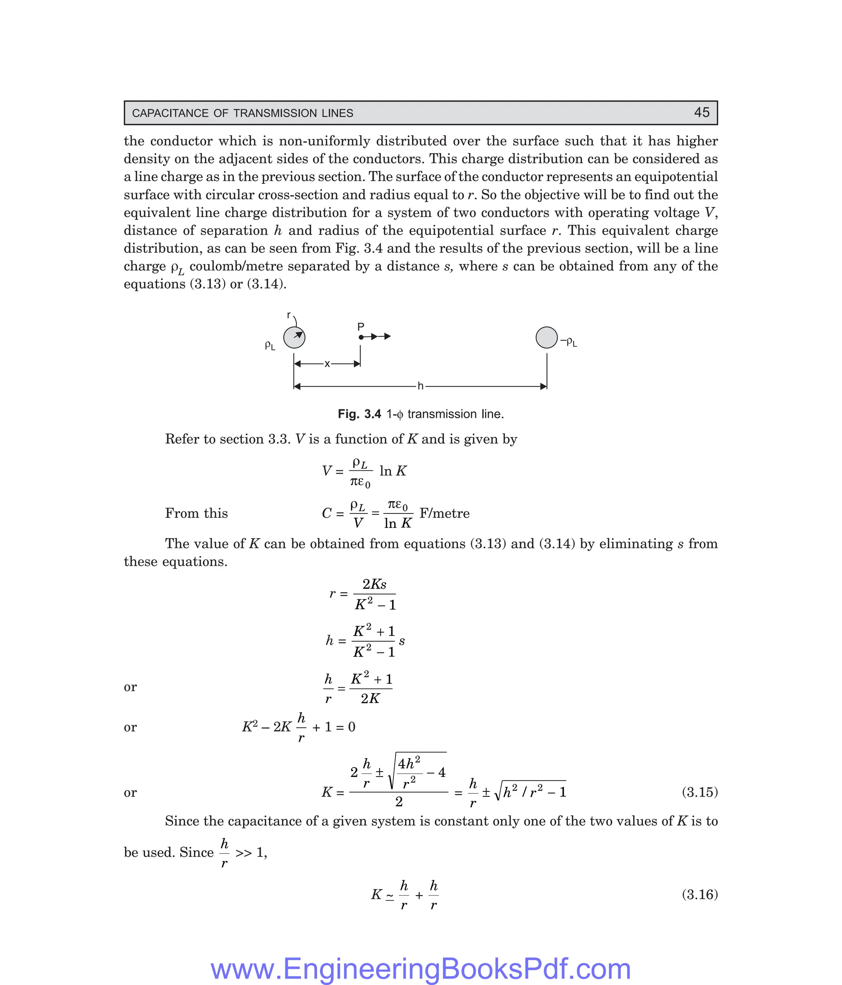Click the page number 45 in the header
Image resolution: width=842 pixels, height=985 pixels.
[701, 113]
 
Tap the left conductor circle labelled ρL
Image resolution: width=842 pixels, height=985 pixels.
[294, 338]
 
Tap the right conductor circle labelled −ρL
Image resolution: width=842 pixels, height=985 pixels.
[546, 338]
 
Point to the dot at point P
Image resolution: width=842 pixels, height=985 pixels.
[361, 337]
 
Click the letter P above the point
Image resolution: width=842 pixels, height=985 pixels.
[361, 326]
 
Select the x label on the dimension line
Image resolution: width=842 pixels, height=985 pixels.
[327, 364]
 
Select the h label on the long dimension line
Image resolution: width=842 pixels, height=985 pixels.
[420, 386]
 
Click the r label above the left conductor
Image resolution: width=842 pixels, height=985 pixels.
[289, 315]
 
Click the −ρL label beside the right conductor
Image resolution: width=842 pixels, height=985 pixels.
[569, 342]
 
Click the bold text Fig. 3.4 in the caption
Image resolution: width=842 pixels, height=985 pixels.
[359, 414]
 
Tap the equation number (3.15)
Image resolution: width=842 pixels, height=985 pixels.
[699, 792]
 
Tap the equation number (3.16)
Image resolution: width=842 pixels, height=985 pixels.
[699, 894]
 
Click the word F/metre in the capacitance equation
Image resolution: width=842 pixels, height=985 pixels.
[444, 513]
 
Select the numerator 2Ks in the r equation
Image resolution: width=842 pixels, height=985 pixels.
[374, 584]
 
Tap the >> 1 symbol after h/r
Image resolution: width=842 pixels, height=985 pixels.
[250, 852]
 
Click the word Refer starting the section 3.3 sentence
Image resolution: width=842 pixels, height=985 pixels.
[182, 439]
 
